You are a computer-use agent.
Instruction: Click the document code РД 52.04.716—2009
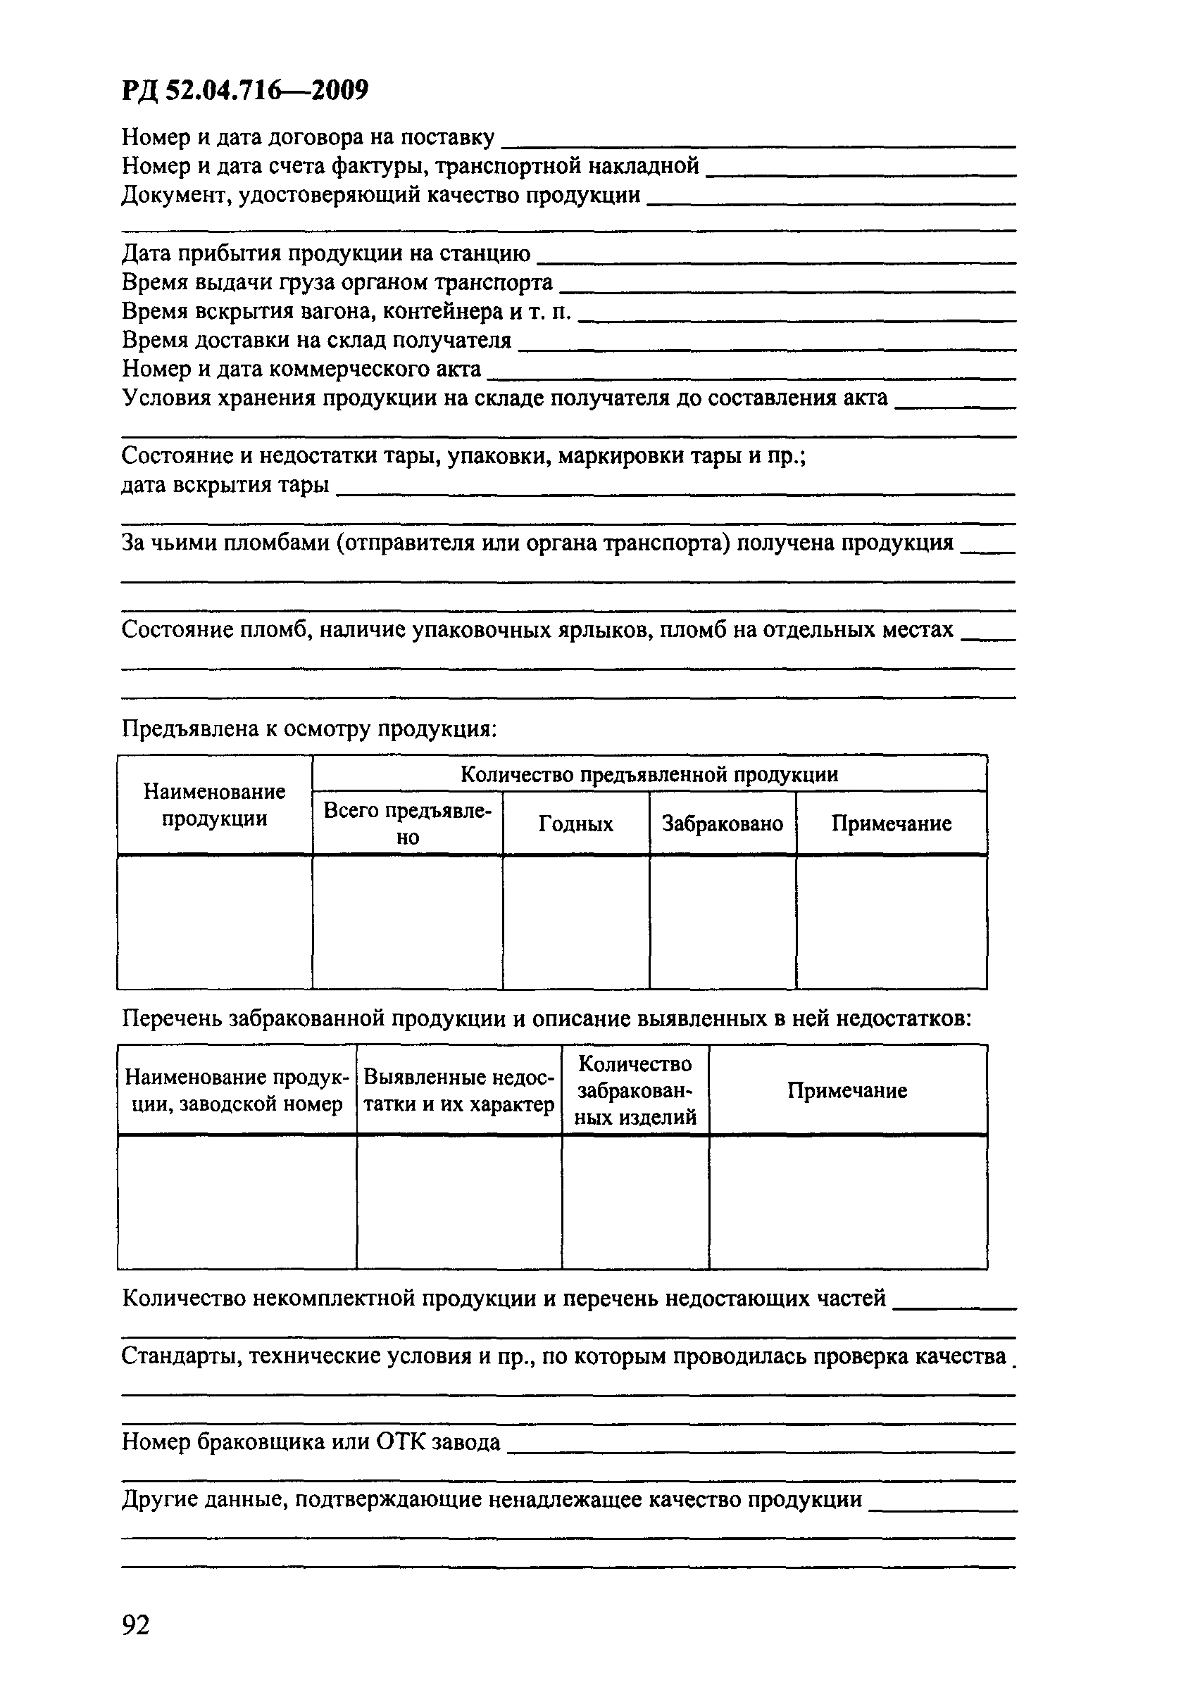244,90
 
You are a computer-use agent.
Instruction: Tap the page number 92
136,1625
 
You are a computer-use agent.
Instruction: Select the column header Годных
575,824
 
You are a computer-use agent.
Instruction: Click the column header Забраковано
723,824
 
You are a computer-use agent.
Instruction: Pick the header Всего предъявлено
407,824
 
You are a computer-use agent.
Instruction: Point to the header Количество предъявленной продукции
649,774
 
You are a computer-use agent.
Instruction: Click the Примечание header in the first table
891,824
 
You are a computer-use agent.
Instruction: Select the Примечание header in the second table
847,1091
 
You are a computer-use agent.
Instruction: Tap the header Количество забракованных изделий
635,1091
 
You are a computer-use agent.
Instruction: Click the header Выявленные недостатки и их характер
458,1091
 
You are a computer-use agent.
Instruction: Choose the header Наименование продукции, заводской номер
236,1091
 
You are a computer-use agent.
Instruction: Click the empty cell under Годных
575,922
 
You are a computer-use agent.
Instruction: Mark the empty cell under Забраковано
723,922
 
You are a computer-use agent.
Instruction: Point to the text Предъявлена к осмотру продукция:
309,729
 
